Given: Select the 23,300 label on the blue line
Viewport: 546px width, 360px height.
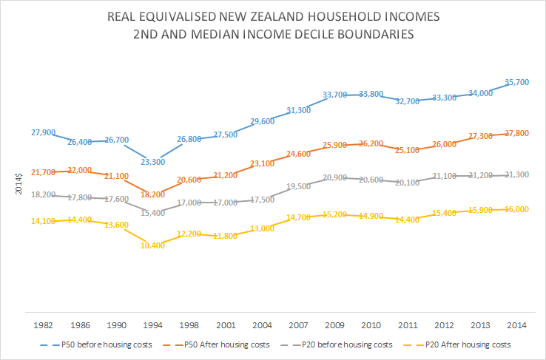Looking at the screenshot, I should (x=152, y=161).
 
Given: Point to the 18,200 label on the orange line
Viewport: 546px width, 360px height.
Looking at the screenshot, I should (x=152, y=194).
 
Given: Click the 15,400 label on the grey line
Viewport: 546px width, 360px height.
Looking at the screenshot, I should (x=152, y=212).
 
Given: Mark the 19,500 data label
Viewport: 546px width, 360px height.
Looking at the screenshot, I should (x=298, y=186).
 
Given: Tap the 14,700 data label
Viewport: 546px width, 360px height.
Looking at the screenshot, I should (x=298, y=217).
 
